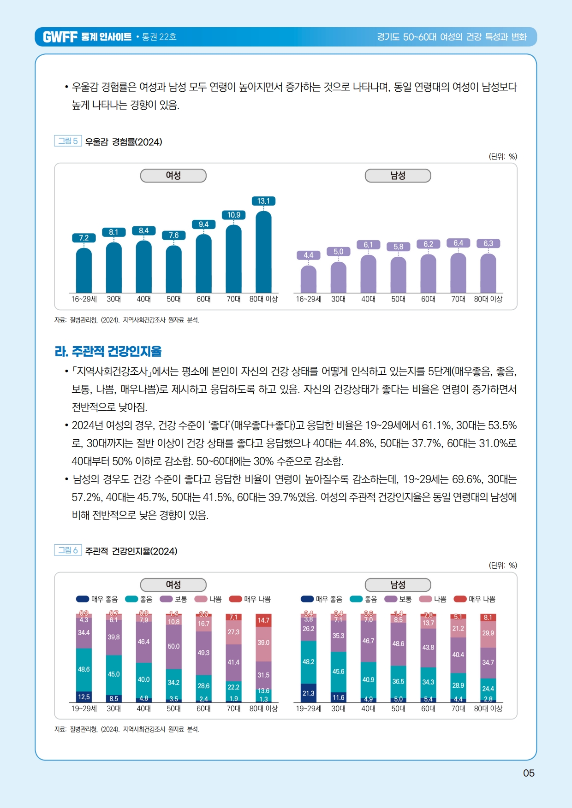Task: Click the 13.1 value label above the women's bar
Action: pyautogui.click(x=263, y=201)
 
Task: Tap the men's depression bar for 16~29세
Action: pyautogui.click(x=309, y=279)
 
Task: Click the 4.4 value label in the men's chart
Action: pyautogui.click(x=309, y=255)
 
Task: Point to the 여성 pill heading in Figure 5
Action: pyautogui.click(x=173, y=176)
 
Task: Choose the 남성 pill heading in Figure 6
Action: pyautogui.click(x=398, y=584)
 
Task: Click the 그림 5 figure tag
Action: pyautogui.click(x=68, y=141)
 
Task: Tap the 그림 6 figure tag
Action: pyautogui.click(x=68, y=550)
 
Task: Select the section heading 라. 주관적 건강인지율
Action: pyautogui.click(x=108, y=351)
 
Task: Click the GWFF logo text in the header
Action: pyautogui.click(x=60, y=37)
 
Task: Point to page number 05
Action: pyautogui.click(x=529, y=773)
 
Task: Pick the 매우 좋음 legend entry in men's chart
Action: pyautogui.click(x=322, y=599)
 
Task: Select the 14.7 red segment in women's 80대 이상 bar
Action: pyautogui.click(x=263, y=620)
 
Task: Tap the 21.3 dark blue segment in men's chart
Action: pyautogui.click(x=309, y=693)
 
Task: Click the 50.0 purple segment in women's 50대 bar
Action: pyautogui.click(x=173, y=646)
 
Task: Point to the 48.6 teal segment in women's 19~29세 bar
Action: pyautogui.click(x=84, y=669)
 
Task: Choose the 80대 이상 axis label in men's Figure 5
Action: pyautogui.click(x=488, y=299)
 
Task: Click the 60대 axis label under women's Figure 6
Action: pyautogui.click(x=203, y=708)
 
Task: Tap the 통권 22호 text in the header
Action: pyautogui.click(x=159, y=37)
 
